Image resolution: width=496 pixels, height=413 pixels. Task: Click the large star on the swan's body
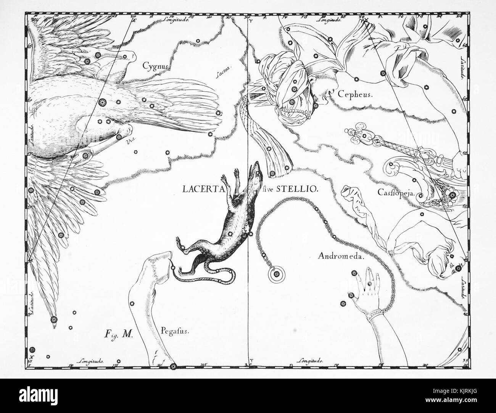pyautogui.click(x=102, y=102)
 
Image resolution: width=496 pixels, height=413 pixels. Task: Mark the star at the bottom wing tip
pyautogui.click(x=53, y=319)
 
